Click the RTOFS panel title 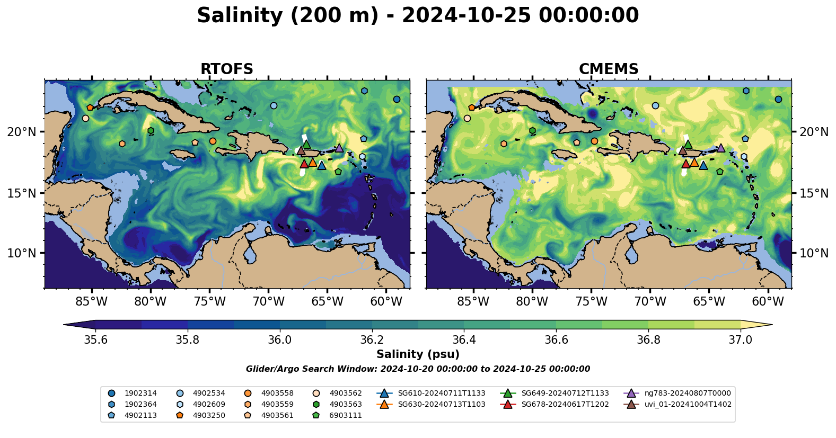pos(226,69)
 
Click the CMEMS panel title pos(608,69)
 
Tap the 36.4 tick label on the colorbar pos(464,339)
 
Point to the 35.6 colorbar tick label pos(95,339)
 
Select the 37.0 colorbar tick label pos(740,339)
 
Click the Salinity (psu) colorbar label pos(418,354)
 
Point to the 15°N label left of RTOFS pos(22,193)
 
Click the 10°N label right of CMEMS pos(814,253)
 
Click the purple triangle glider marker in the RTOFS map pos(339,148)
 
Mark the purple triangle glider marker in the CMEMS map pos(721,148)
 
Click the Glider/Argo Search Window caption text pos(418,369)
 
